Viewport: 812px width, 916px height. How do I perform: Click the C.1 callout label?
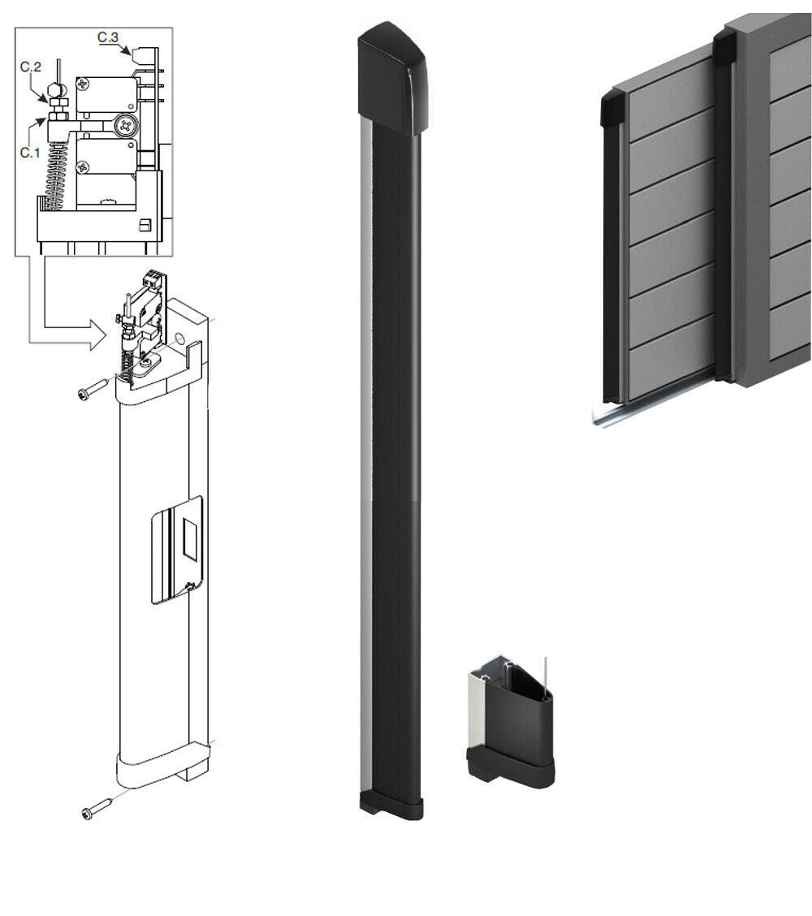29,152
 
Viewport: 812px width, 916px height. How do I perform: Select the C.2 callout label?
30,67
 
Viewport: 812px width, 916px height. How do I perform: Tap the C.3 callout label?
108,37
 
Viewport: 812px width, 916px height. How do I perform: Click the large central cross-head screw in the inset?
126,125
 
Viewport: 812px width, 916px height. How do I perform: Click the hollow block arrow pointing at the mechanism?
65,328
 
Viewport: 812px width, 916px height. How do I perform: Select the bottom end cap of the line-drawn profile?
154,771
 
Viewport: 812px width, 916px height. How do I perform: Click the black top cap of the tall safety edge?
394,78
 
